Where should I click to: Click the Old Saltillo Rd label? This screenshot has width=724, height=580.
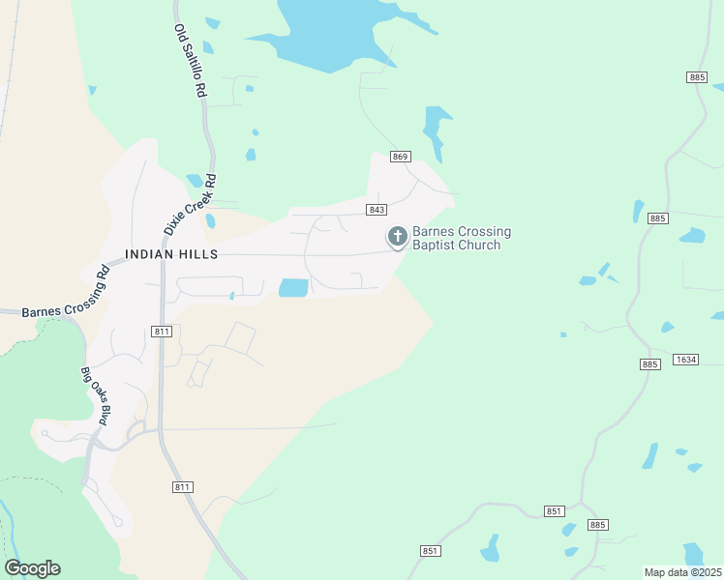[191, 61]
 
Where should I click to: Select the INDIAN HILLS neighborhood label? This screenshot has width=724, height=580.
[171, 254]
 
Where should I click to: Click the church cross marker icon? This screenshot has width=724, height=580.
[397, 236]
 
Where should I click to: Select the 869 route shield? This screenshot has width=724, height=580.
[402, 157]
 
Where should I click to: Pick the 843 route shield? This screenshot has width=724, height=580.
[377, 210]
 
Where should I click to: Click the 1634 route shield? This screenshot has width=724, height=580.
[686, 360]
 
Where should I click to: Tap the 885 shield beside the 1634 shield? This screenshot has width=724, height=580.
[650, 363]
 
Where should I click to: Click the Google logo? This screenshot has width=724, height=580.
[32, 568]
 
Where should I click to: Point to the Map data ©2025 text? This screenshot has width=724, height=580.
[682, 572]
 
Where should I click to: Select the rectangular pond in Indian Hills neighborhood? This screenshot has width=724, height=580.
[293, 288]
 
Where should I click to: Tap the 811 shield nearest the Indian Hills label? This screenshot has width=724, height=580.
[162, 332]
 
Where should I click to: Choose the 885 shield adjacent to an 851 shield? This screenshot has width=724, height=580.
[598, 525]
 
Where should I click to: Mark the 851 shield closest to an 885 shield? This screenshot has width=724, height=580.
[554, 511]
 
